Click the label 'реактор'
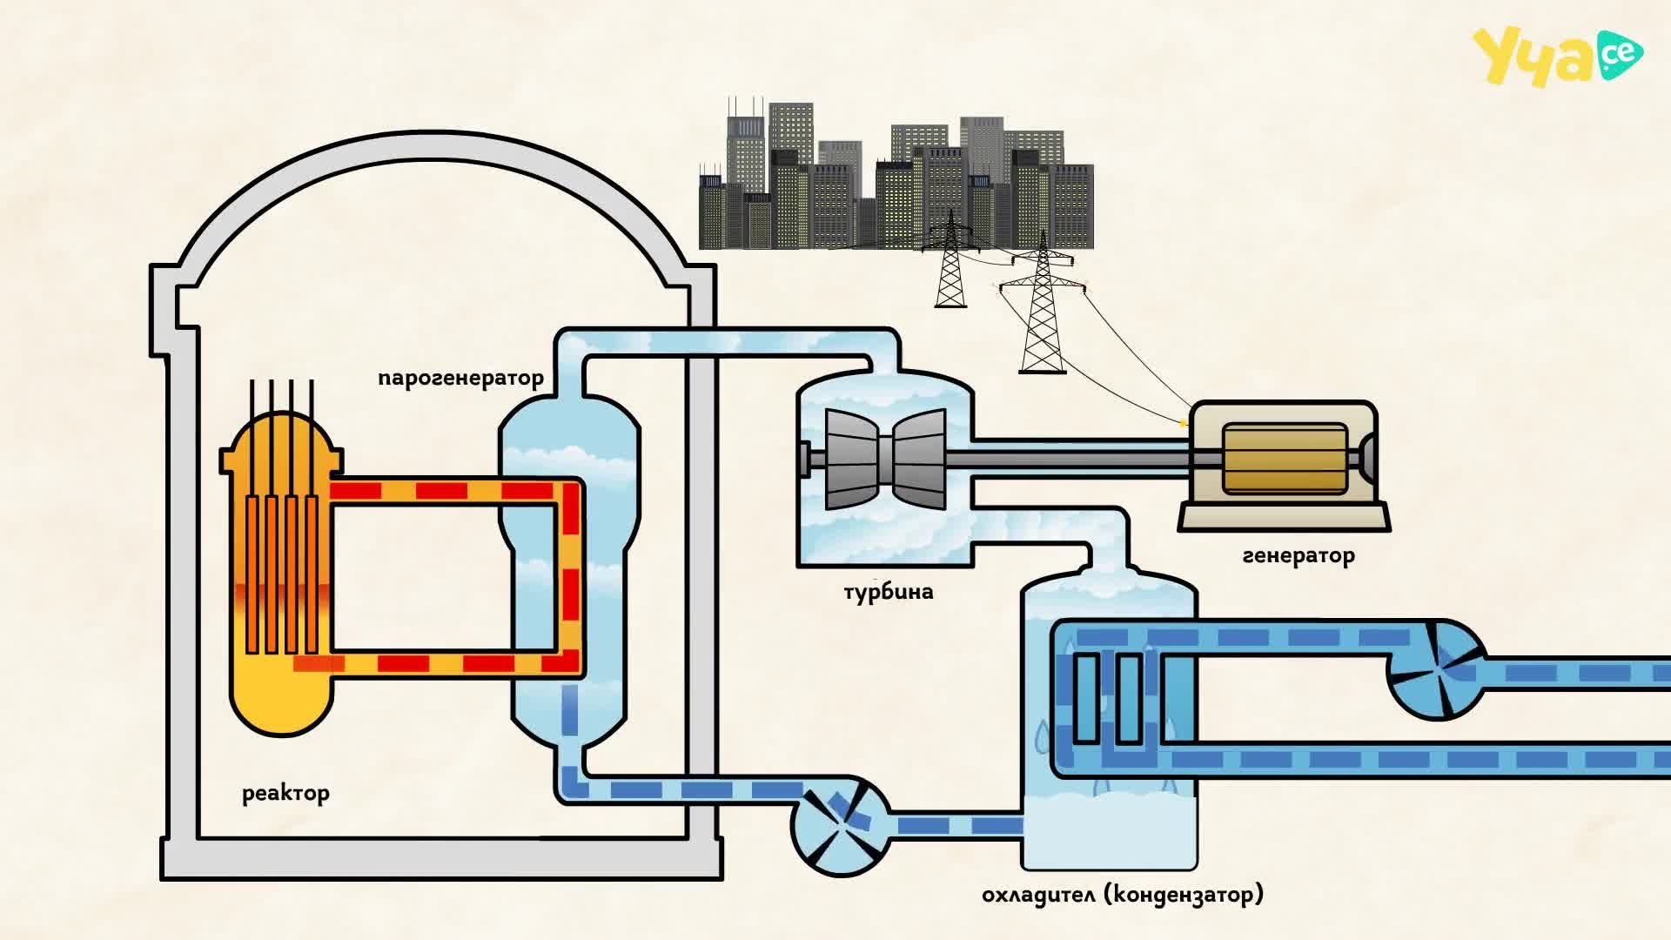(285, 794)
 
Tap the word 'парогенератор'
(461, 379)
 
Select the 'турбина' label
(889, 593)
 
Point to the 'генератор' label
(1299, 555)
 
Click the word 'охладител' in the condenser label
(1039, 894)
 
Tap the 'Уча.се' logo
(1557, 57)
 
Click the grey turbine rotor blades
(885, 459)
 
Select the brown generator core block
(1285, 459)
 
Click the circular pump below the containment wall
(840, 825)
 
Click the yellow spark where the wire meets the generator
(1182, 424)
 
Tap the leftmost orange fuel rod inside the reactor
(252, 574)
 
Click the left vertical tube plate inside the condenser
(1085, 698)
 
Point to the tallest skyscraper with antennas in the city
(747, 174)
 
